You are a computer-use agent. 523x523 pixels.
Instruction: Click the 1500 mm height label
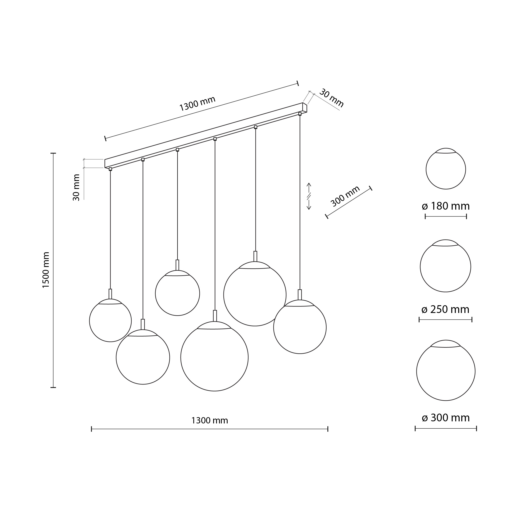(46, 270)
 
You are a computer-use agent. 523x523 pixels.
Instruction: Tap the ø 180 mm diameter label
(446, 206)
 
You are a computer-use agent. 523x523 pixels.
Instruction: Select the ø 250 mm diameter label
(445, 309)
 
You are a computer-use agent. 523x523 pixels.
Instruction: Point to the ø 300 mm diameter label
(446, 418)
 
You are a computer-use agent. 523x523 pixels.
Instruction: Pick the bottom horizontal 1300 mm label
(210, 420)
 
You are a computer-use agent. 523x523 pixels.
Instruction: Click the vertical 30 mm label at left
(76, 187)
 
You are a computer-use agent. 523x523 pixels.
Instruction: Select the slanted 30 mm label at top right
(331, 98)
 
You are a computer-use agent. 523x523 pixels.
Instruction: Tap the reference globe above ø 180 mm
(446, 168)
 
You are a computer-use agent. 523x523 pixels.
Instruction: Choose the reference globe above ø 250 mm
(446, 266)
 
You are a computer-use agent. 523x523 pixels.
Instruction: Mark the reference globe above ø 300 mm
(446, 370)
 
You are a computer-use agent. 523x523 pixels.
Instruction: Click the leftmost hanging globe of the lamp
(110, 320)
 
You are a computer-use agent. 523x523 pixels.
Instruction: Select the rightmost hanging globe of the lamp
(300, 327)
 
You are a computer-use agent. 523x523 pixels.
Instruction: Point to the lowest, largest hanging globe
(214, 356)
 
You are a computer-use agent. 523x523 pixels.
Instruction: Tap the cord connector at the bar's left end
(110, 169)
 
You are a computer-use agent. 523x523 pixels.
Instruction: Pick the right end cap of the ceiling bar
(305, 108)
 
